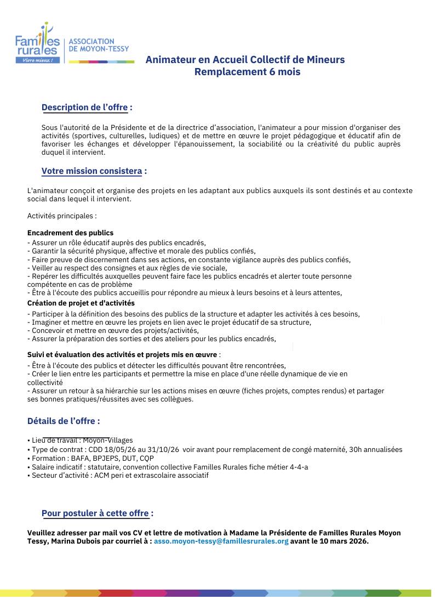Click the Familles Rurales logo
(38, 44)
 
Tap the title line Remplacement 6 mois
(247, 72)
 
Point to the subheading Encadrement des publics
(70, 233)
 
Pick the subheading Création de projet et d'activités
(81, 303)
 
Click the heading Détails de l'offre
(63, 421)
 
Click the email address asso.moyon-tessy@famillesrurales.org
(221, 541)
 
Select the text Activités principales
(61, 216)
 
